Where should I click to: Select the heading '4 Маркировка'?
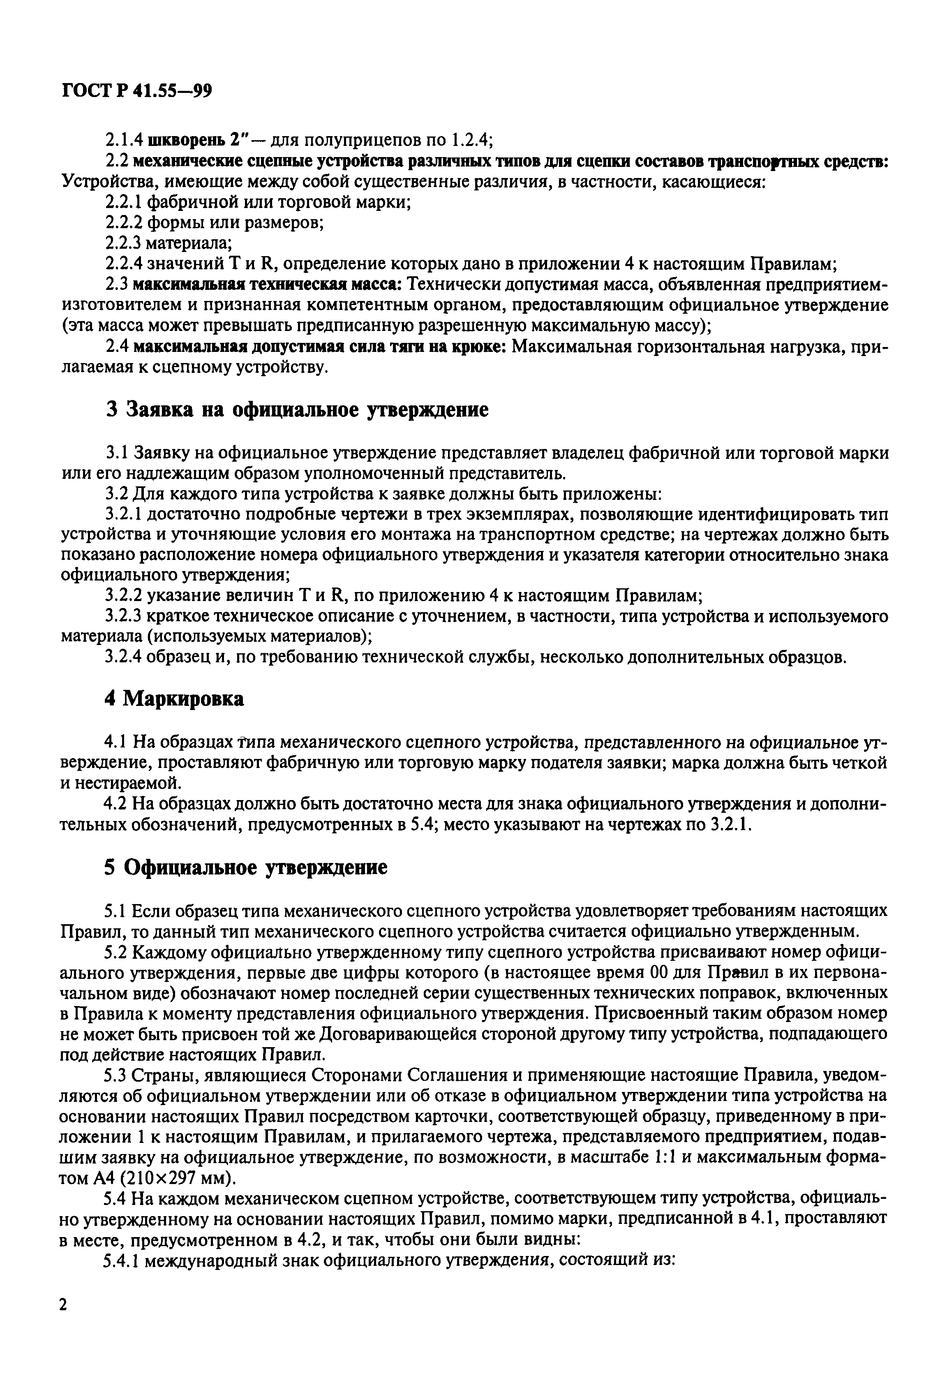click(174, 698)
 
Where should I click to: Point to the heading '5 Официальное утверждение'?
click(246, 867)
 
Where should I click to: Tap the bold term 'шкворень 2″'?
click(187, 140)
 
